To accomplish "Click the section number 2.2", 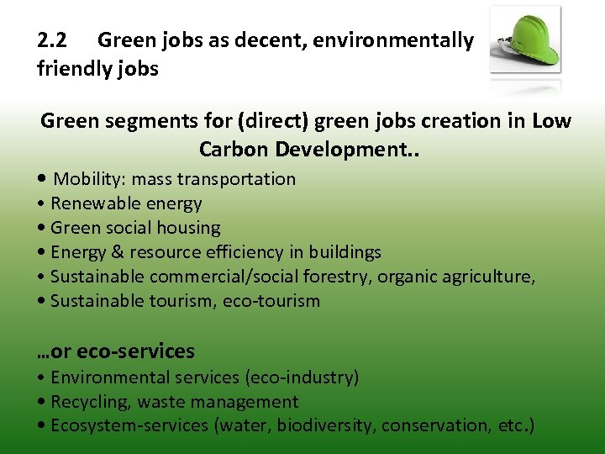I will click(x=55, y=40).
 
